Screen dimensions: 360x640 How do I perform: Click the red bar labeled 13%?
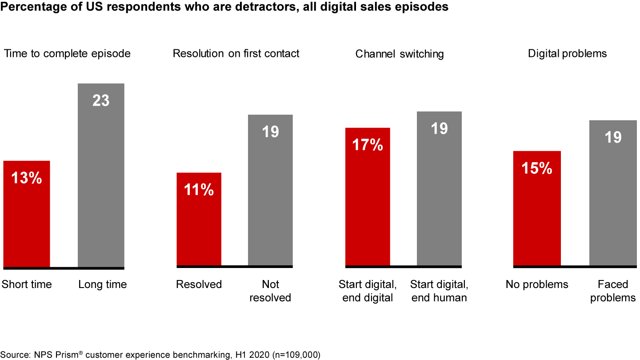click(27, 214)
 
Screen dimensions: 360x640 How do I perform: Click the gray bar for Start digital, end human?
click(439, 188)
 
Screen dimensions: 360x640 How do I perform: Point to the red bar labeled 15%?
click(537, 208)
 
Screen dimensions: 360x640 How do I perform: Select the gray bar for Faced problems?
click(613, 193)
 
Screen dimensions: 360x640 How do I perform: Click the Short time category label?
click(27, 284)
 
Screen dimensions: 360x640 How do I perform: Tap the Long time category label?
click(103, 284)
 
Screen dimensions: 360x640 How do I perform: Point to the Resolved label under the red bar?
click(199, 284)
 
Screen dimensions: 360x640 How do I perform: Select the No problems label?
click(537, 284)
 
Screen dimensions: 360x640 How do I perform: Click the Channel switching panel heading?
click(400, 54)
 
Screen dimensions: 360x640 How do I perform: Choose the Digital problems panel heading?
click(567, 54)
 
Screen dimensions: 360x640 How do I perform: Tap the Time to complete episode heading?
click(67, 54)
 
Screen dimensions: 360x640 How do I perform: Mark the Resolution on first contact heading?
click(236, 54)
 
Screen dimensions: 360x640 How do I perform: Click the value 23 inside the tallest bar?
click(101, 100)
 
